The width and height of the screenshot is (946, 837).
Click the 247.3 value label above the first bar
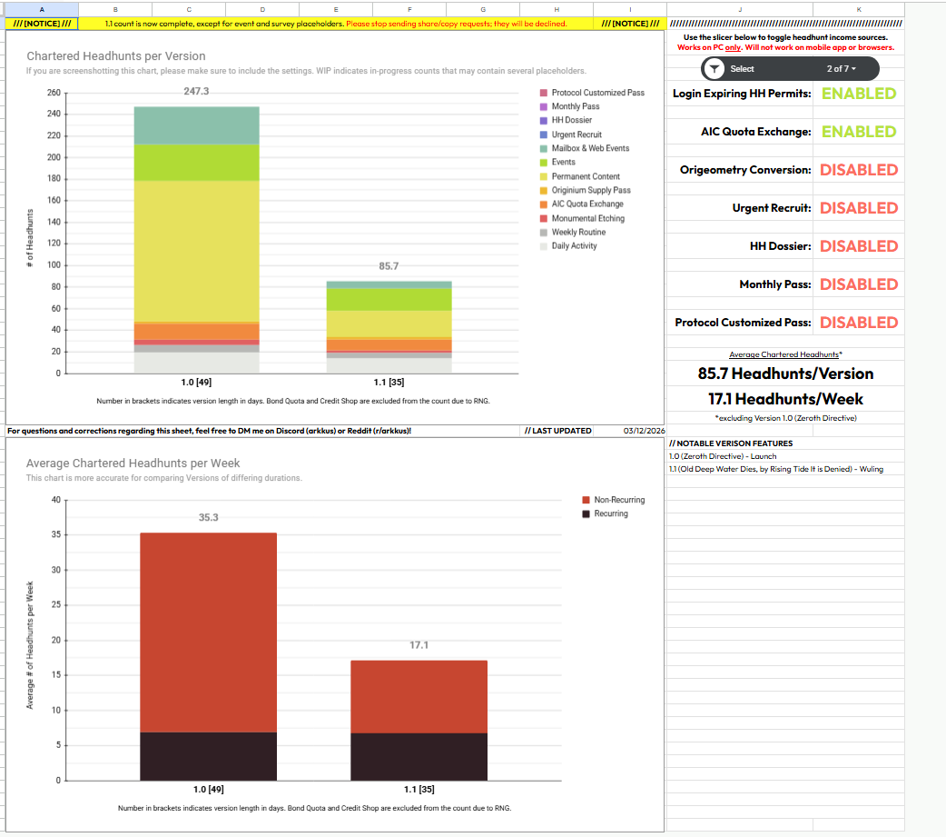(196, 92)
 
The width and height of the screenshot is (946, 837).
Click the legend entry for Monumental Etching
(587, 218)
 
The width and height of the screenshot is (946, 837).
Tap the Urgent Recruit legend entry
(576, 135)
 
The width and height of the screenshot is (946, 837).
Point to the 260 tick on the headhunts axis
(53, 93)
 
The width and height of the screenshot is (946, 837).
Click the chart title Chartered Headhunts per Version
(116, 56)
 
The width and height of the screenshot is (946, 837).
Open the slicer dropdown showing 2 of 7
(841, 68)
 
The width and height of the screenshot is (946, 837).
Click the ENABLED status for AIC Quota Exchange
(858, 132)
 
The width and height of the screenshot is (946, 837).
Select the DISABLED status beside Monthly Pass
(858, 284)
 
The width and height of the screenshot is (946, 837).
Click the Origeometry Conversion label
(744, 170)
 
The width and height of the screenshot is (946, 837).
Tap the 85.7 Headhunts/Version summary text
(785, 374)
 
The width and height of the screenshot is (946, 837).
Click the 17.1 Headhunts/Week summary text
(785, 399)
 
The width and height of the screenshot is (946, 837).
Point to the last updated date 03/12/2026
(645, 431)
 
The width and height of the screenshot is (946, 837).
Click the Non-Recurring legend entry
(619, 500)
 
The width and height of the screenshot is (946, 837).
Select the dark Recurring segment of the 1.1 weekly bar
(419, 756)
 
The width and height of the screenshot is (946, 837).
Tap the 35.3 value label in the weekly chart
(209, 517)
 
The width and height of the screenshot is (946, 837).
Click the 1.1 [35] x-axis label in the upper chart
(389, 383)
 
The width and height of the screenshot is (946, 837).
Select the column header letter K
(859, 9)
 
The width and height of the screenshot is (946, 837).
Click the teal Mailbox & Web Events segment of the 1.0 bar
(196, 125)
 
